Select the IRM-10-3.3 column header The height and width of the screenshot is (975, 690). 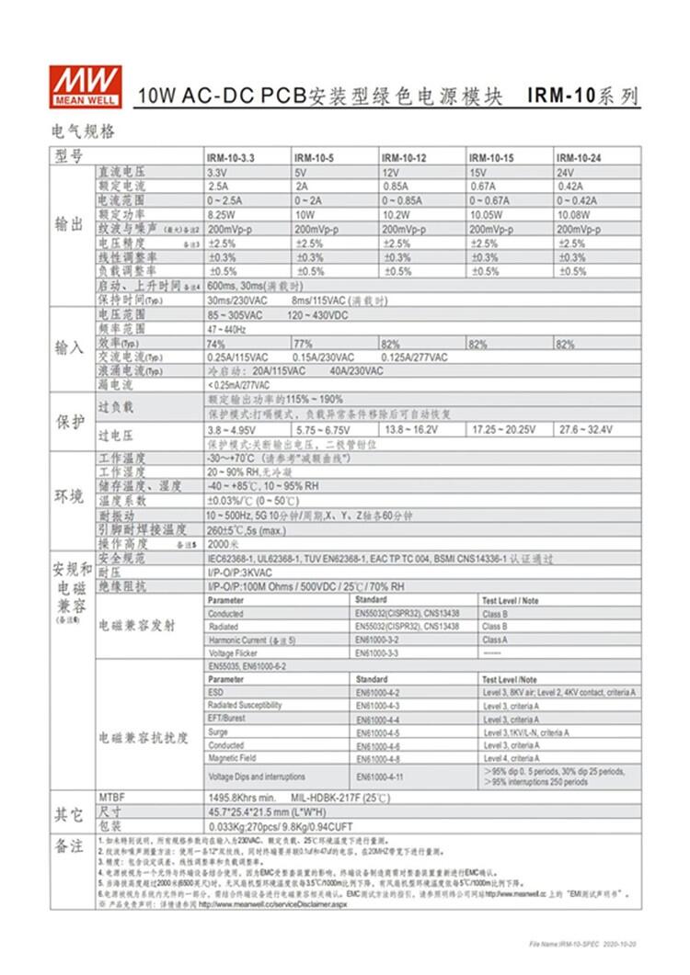click(231, 158)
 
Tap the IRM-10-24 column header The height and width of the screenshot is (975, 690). click(578, 158)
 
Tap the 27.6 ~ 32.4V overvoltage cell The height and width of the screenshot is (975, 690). click(586, 429)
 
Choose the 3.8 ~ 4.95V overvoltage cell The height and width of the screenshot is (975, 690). click(234, 429)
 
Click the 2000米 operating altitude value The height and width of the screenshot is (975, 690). click(222, 544)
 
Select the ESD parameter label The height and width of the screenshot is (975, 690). click(215, 692)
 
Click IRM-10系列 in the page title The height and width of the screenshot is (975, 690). click(582, 96)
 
